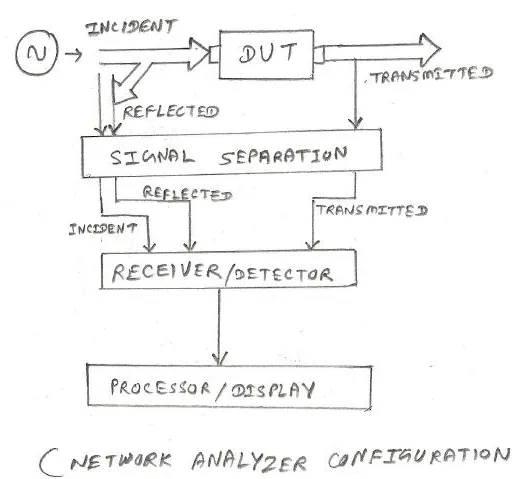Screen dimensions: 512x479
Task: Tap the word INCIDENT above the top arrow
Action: (130, 27)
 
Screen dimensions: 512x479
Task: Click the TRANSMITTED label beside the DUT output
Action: (432, 75)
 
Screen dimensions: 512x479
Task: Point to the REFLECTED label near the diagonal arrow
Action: (171, 112)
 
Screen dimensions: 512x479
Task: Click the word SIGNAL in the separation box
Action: (152, 156)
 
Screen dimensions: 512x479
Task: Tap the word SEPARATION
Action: (283, 156)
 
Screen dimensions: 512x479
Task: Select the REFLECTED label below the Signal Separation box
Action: (187, 193)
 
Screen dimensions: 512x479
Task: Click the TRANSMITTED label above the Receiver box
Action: (372, 210)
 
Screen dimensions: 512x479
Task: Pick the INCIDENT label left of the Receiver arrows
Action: (103, 229)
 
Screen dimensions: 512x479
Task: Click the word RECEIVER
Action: (166, 272)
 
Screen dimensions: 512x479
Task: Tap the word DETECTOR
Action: (283, 274)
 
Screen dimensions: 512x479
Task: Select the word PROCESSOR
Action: (160, 388)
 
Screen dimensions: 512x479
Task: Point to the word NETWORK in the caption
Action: (121, 460)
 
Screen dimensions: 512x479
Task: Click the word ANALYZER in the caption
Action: (249, 461)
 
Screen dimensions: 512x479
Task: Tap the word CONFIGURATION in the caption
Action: (419, 456)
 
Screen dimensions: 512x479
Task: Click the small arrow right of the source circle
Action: (73, 54)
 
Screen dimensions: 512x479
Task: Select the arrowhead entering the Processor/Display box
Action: (219, 358)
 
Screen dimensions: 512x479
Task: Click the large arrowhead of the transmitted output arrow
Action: (430, 50)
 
